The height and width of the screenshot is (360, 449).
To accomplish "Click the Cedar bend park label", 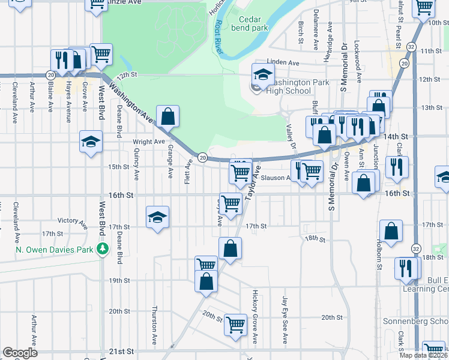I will click(x=247, y=23).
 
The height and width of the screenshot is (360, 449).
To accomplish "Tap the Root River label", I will click(x=218, y=38).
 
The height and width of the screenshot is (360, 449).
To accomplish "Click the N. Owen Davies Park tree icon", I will click(x=103, y=248).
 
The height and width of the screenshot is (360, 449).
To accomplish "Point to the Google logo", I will click(x=20, y=352).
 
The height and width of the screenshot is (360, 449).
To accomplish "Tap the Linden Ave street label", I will click(x=283, y=62).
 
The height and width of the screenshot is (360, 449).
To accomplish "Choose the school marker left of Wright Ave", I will click(x=91, y=142).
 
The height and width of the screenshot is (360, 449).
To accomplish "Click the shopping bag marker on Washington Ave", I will click(x=168, y=116).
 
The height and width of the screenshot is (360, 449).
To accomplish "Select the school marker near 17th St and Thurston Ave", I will click(x=157, y=217).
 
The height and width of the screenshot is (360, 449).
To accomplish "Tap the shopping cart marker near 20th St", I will click(x=236, y=325).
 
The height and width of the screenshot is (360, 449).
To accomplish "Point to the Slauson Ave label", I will click(x=280, y=178).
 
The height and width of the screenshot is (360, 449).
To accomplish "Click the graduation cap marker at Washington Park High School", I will click(x=262, y=74).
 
